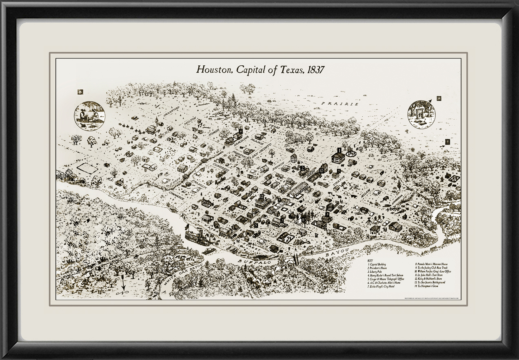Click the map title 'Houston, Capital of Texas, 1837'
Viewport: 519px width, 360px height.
click(x=260, y=69)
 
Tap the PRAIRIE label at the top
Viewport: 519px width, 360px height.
click(x=339, y=104)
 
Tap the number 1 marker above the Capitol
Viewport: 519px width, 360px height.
click(x=339, y=150)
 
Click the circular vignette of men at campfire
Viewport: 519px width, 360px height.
click(x=89, y=116)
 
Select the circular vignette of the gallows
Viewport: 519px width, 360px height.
click(x=421, y=114)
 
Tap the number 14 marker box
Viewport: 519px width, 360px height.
click(x=439, y=98)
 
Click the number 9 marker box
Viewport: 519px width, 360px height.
click(x=447, y=141)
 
